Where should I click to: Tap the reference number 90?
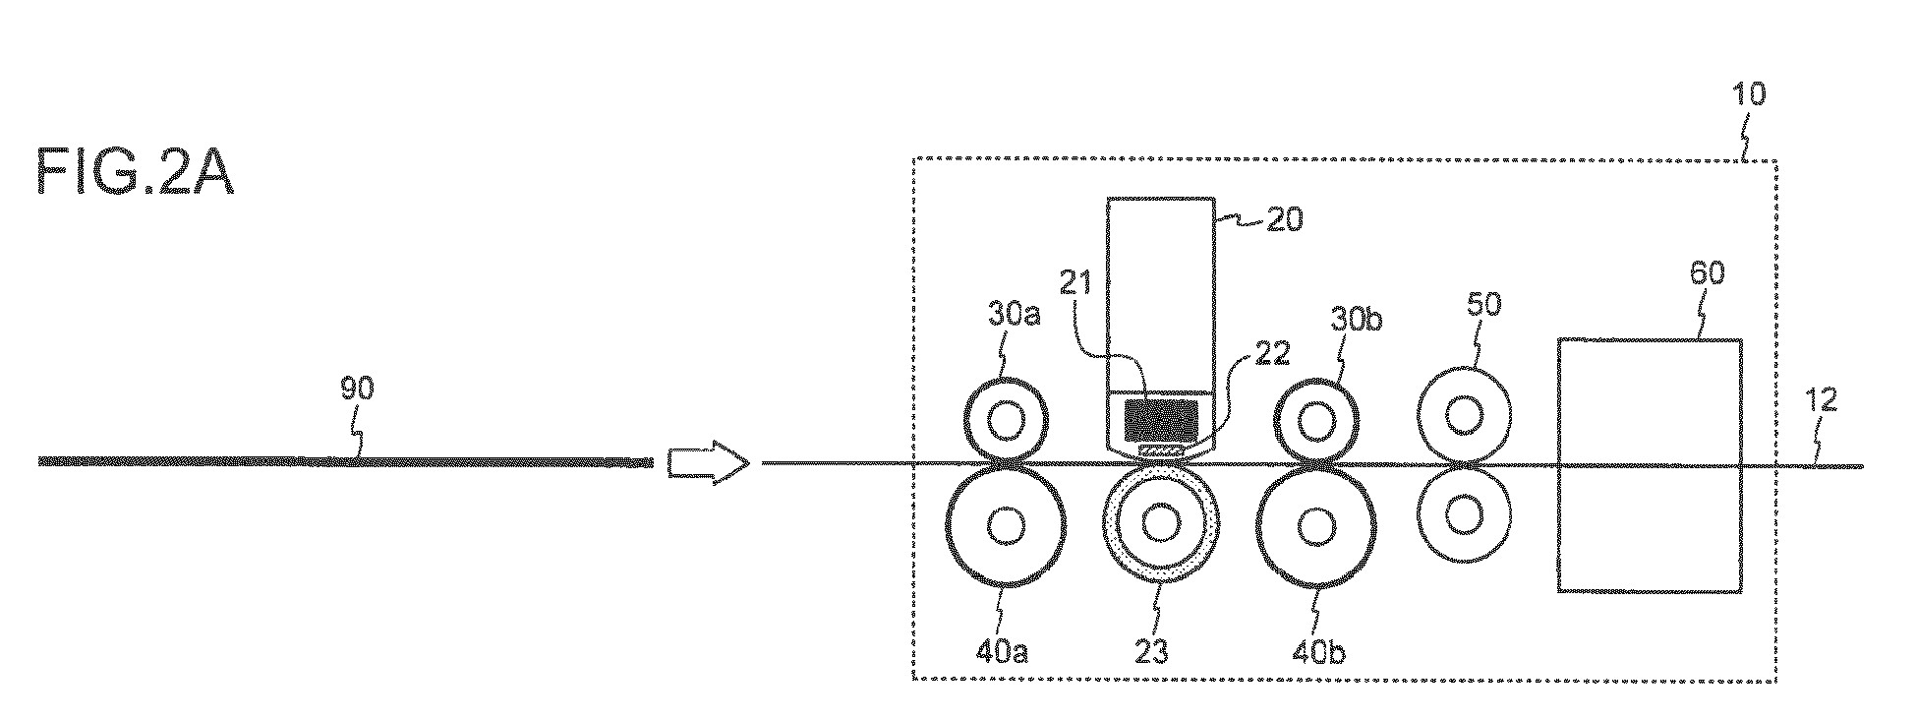[x=358, y=390]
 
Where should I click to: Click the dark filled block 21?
[x=1161, y=420]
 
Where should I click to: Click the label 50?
[x=1484, y=306]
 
